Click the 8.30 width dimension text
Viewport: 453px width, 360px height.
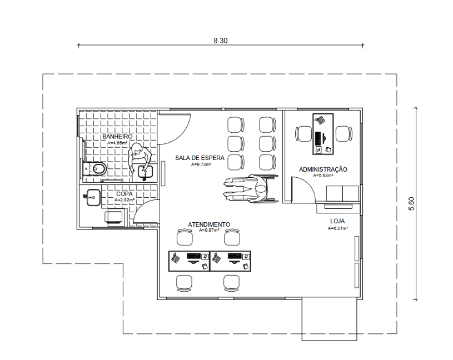(x=221, y=41)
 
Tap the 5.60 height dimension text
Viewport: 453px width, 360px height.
(x=411, y=204)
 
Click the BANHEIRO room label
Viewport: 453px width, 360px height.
(x=117, y=137)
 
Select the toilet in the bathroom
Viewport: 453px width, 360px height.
(x=94, y=168)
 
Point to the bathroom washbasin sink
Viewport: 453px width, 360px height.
(x=145, y=172)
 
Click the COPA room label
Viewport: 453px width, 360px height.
(x=125, y=194)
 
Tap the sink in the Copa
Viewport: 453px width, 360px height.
(x=93, y=197)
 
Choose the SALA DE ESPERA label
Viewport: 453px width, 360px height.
(x=200, y=158)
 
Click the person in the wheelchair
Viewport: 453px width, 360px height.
(x=251, y=188)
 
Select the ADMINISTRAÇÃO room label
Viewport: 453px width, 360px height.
(x=323, y=169)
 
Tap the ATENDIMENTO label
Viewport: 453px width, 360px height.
(x=209, y=224)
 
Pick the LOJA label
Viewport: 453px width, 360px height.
(x=337, y=221)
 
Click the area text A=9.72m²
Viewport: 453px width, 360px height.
(x=201, y=164)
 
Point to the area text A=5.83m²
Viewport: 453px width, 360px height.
(x=323, y=175)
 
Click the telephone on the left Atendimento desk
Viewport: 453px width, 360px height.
(x=175, y=258)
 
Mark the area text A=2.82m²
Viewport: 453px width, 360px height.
(x=125, y=200)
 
